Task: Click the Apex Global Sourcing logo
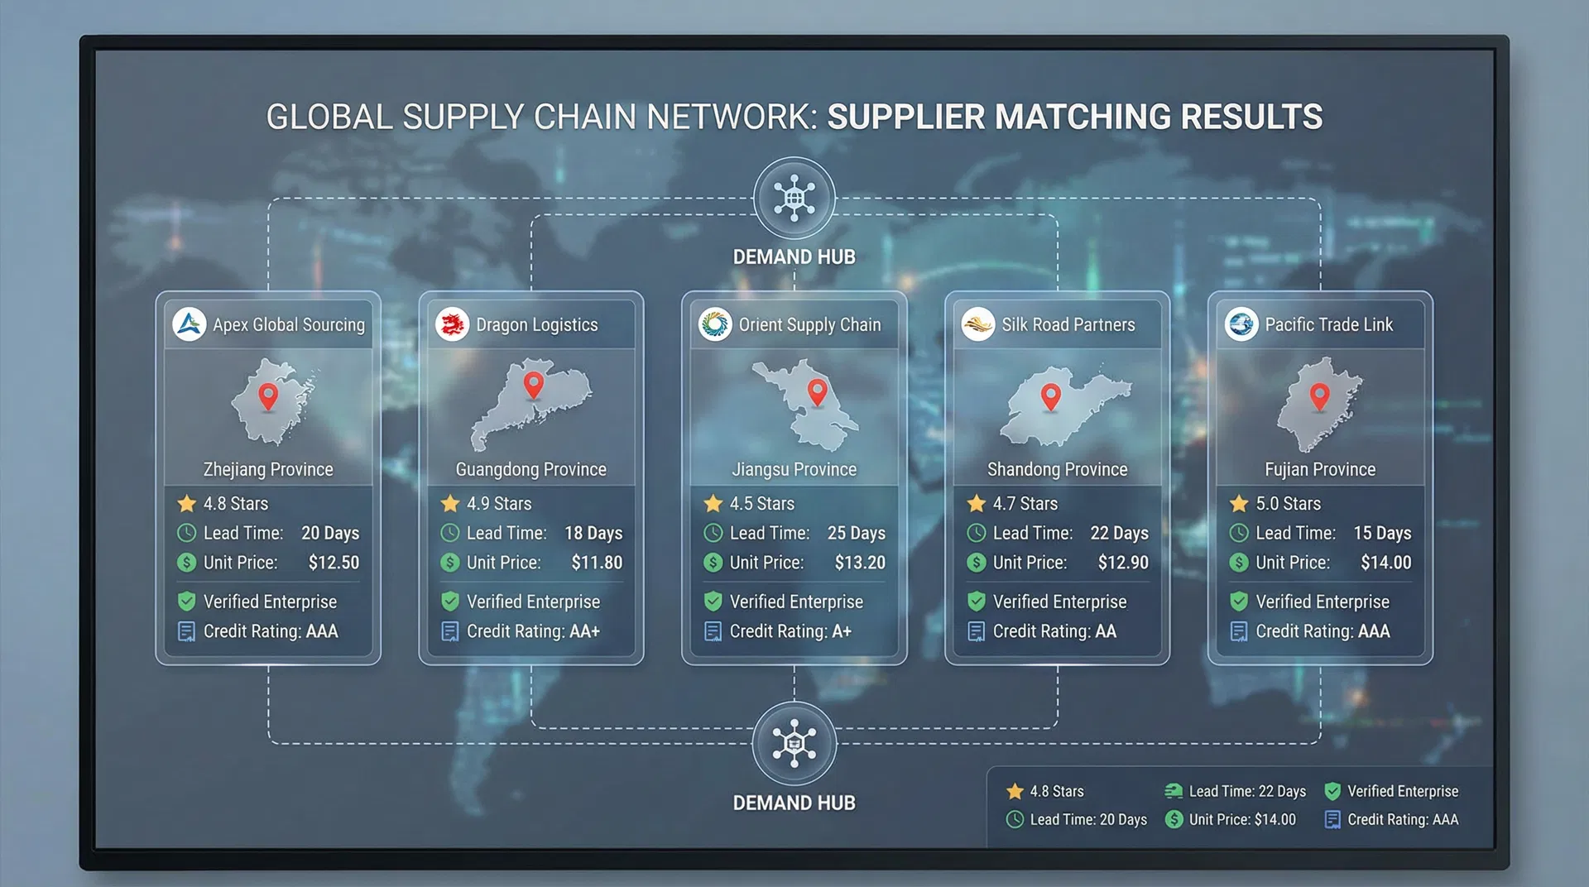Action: (x=190, y=324)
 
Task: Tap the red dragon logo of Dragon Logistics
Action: (x=453, y=324)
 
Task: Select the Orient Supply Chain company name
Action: (x=809, y=325)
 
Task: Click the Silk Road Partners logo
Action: (x=978, y=324)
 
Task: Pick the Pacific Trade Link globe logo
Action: (x=1241, y=324)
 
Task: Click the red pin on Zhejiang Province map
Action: (x=268, y=396)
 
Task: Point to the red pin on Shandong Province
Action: (x=1051, y=396)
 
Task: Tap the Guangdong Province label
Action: (x=530, y=469)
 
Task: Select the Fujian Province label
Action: (x=1320, y=469)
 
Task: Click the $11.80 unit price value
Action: (x=597, y=563)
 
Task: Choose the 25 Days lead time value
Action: (x=857, y=533)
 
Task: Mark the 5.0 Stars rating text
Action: (x=1288, y=503)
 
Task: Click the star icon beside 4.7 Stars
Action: (x=977, y=503)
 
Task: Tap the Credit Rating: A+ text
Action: (x=790, y=631)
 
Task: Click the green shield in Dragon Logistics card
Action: (x=450, y=601)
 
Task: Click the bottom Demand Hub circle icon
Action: (x=794, y=743)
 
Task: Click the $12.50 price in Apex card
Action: (x=334, y=563)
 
